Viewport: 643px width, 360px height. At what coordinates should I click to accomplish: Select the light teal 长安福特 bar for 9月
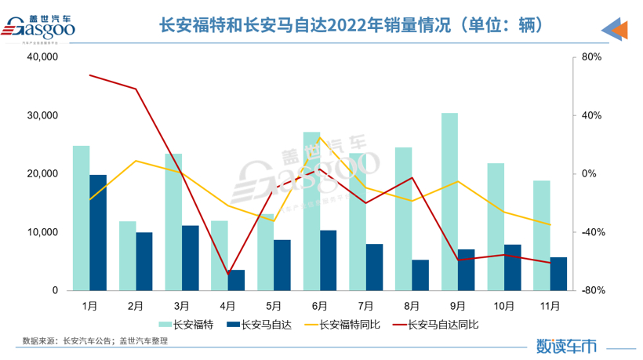coord(449,202)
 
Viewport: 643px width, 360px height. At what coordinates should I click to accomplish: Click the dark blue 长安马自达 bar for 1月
coord(98,232)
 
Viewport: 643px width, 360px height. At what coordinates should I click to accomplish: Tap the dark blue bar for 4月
coord(236,280)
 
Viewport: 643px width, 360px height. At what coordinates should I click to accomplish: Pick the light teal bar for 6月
coord(311,211)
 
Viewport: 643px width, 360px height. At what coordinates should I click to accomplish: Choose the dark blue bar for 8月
coord(420,275)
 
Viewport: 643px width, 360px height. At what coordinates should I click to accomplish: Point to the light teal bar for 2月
coord(128,256)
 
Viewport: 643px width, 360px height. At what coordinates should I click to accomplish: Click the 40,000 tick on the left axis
coord(44,57)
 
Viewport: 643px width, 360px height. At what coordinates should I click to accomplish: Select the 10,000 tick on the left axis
coord(44,232)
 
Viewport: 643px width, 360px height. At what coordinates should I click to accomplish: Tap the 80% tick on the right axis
coord(591,57)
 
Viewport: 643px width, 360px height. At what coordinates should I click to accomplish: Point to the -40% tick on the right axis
coord(591,232)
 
